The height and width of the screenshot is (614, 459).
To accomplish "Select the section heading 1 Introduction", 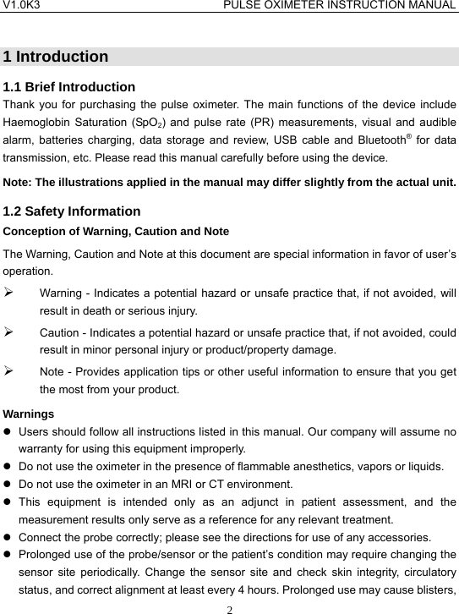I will [x=56, y=58].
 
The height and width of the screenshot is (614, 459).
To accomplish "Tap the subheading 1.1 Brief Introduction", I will [x=69, y=86].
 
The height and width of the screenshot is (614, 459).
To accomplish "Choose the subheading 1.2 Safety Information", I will [x=72, y=211].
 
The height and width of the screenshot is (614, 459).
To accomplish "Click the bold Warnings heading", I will [x=29, y=414].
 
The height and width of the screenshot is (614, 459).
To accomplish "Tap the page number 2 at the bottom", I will [x=229, y=607].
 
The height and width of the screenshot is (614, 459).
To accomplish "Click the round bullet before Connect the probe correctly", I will [x=8, y=537].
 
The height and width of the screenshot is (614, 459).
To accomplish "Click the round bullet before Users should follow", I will [x=8, y=432].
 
